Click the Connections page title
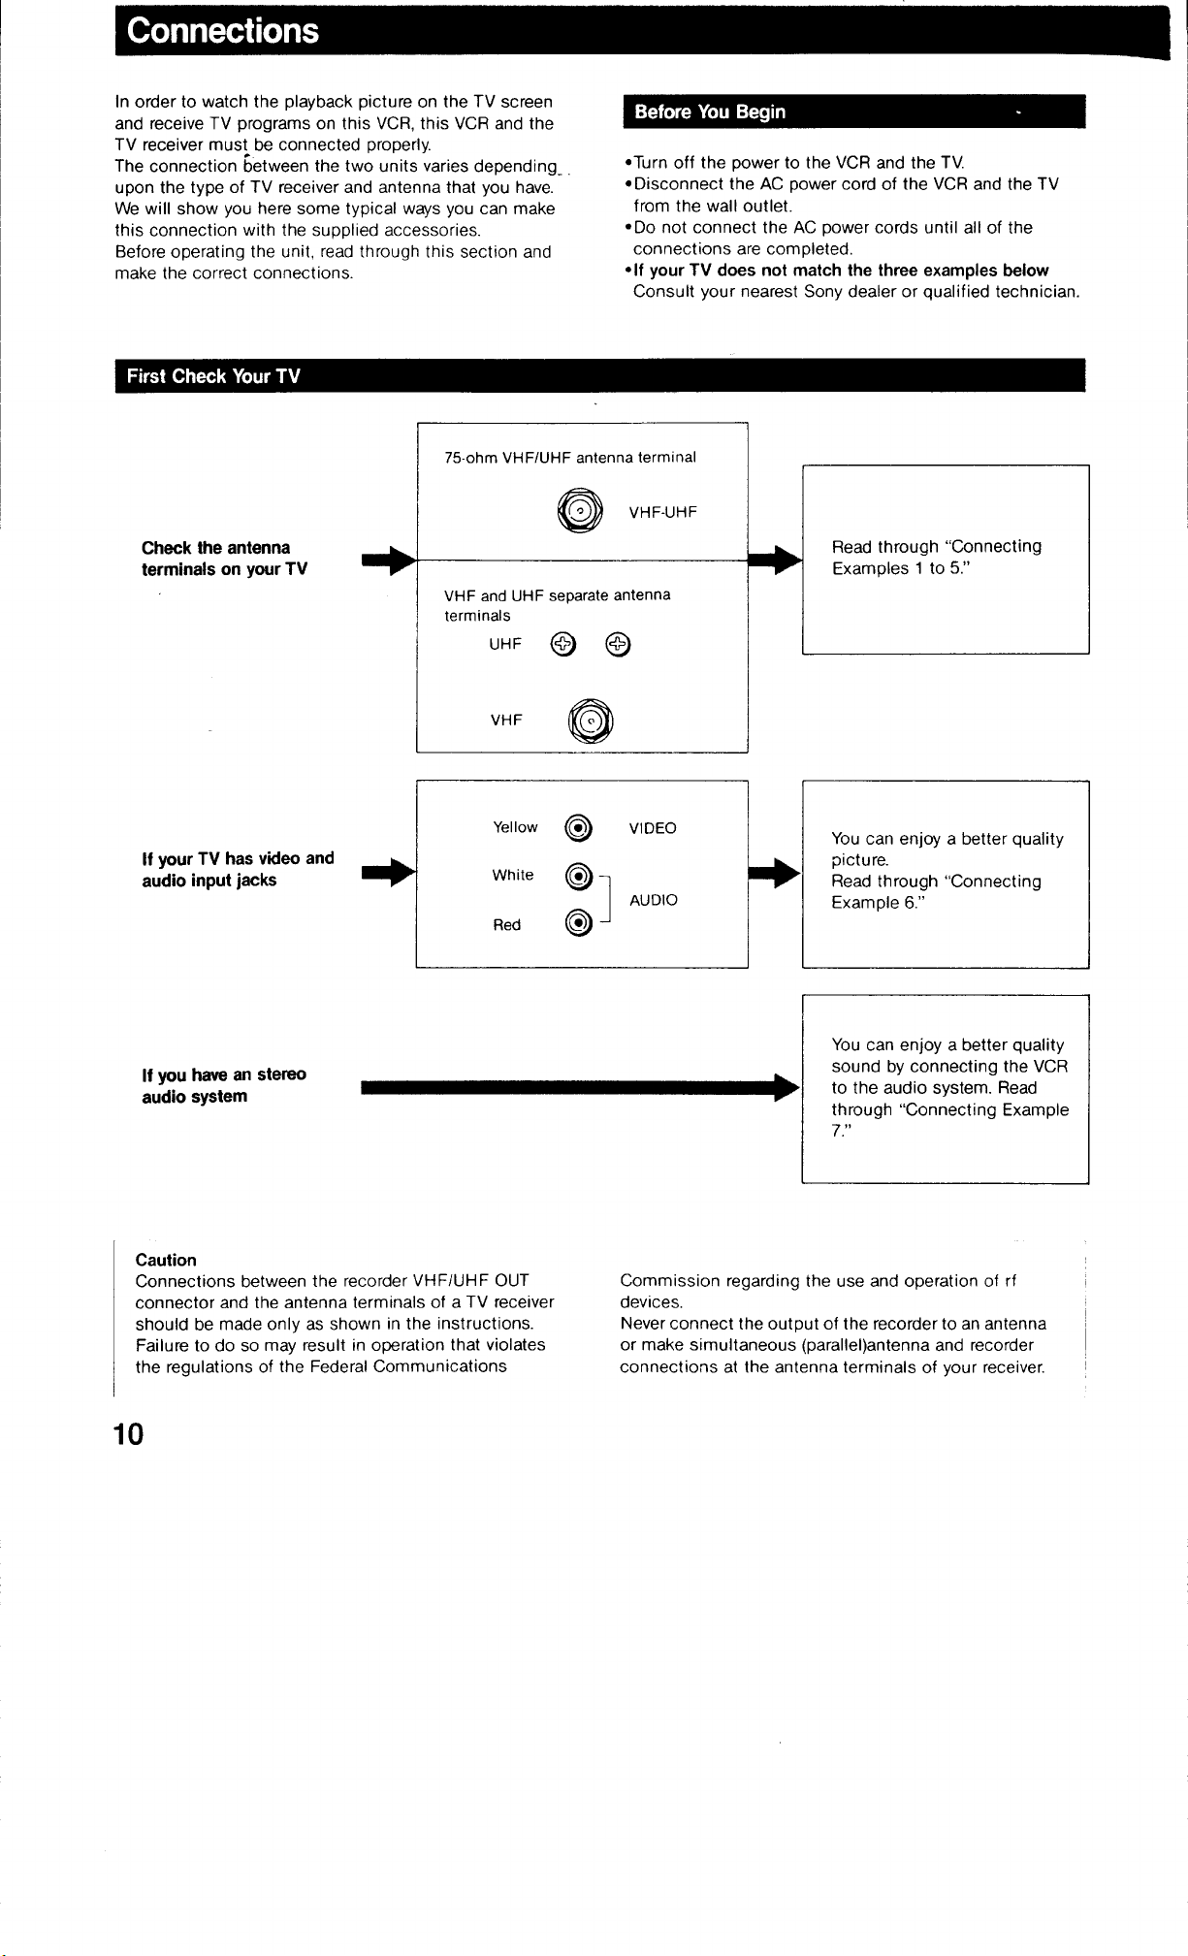(x=222, y=31)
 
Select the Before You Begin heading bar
(x=854, y=112)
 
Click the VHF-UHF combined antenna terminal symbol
(x=580, y=511)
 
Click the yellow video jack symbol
(x=578, y=827)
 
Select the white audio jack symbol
(x=578, y=876)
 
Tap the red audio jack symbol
(x=578, y=923)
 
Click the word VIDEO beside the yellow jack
(x=653, y=828)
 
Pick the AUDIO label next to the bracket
(x=654, y=900)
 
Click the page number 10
(x=128, y=1433)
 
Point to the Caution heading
(x=166, y=1260)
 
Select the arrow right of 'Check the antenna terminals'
(x=389, y=560)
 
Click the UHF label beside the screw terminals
(x=505, y=644)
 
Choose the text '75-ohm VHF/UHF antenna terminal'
(x=570, y=458)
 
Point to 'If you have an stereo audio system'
(x=224, y=1085)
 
